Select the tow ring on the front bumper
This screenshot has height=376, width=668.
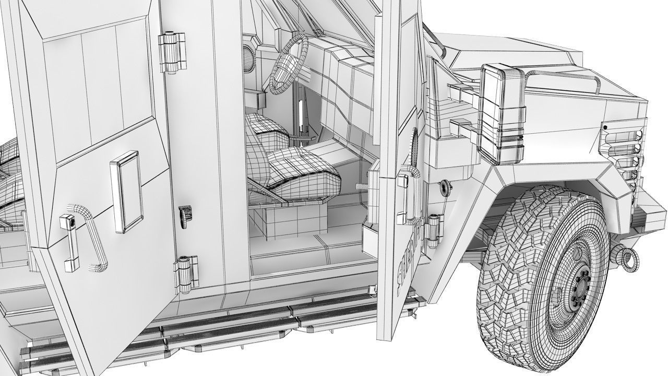pyautogui.click(x=625, y=257)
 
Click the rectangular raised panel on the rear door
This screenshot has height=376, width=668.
pyautogui.click(x=126, y=191)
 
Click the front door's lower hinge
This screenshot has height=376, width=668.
pyautogui.click(x=432, y=230)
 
